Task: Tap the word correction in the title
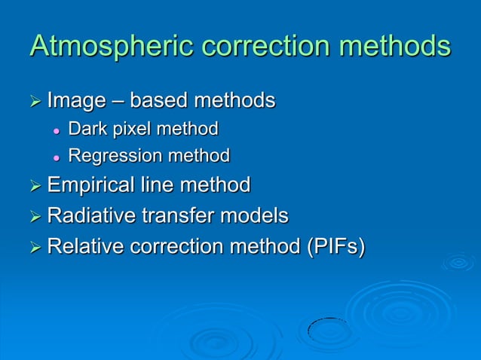(259, 47)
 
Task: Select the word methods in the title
(394, 47)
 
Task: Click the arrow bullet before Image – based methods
(35, 101)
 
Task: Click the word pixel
(125, 130)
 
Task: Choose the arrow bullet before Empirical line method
(35, 185)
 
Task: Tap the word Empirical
(90, 185)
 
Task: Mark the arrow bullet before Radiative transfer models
(35, 217)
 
